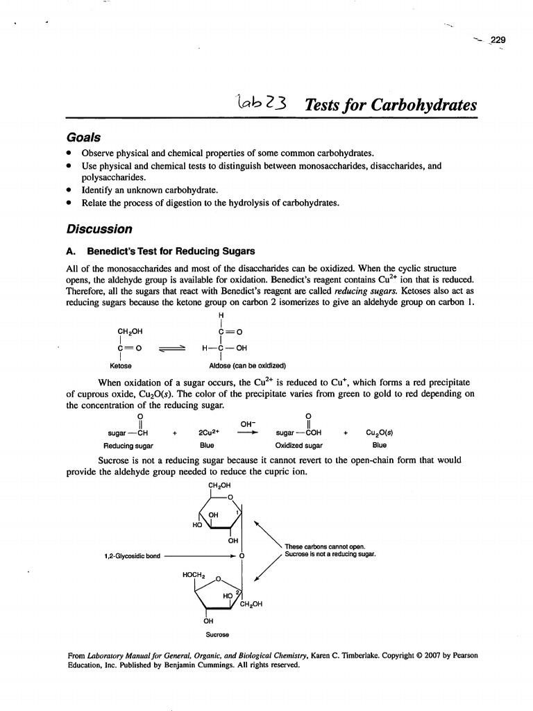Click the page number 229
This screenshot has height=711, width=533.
[x=498, y=39]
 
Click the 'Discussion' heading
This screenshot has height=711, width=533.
[x=99, y=228]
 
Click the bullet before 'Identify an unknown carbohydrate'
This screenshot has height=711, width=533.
[x=69, y=192]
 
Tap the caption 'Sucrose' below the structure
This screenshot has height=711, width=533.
[x=218, y=634]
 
